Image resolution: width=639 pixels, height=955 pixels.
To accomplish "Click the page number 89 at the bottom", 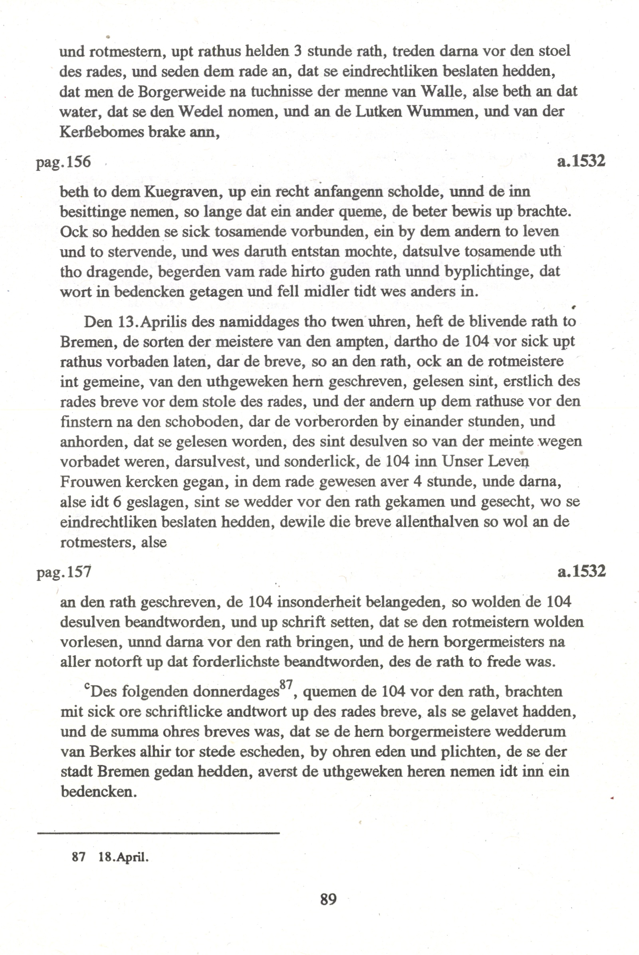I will (x=328, y=898).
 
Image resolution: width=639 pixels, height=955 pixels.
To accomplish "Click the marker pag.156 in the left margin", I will (x=64, y=162).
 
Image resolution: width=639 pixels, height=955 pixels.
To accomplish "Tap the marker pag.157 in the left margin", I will (x=64, y=572).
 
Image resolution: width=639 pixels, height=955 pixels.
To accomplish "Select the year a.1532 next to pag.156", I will (x=581, y=161).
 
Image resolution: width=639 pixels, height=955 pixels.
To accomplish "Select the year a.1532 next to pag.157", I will (x=581, y=571).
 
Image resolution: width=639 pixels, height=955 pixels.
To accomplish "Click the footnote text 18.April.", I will (x=123, y=857).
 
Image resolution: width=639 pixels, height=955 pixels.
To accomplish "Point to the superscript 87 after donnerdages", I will (x=286, y=685).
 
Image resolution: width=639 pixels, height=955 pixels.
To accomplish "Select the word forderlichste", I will (x=235, y=662).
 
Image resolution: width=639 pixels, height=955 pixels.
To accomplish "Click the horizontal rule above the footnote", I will (x=158, y=833).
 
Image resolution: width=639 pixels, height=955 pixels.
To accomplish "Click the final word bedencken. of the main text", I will (x=98, y=792).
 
